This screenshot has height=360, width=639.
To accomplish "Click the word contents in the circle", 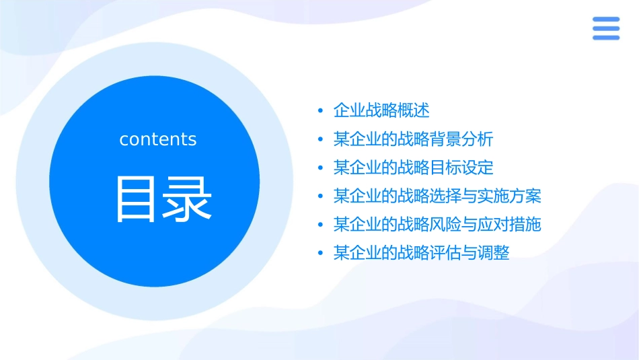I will [158, 139].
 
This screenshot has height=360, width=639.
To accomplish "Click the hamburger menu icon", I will [606, 28].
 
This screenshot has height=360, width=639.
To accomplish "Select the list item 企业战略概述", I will [381, 110].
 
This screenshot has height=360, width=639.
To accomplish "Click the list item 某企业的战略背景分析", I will [413, 139].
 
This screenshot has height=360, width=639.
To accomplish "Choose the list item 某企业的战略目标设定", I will [413, 168].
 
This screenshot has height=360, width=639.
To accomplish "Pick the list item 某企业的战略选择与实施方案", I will [437, 196].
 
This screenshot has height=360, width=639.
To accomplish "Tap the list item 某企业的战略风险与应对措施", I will [437, 225].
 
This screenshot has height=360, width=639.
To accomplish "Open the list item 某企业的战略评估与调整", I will [421, 253].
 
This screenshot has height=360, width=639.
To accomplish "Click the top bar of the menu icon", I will [606, 19].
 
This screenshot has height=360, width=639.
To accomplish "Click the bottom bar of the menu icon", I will [606, 38].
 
